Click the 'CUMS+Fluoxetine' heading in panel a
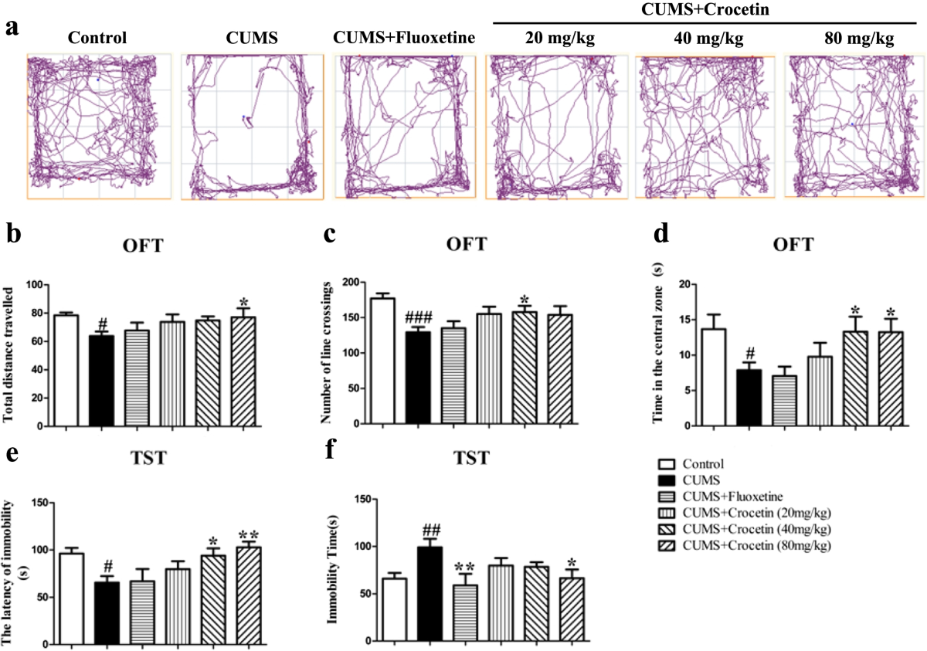(x=402, y=37)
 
